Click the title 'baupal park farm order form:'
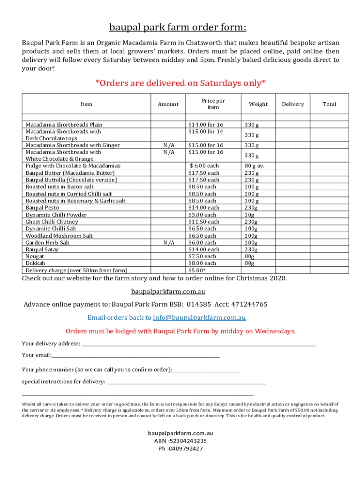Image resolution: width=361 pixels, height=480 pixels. pos(180,27)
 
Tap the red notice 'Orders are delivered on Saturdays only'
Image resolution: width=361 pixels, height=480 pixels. pos(180,83)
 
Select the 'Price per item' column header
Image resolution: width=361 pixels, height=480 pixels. pos(213,104)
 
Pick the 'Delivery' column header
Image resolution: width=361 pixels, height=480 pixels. pos(293,104)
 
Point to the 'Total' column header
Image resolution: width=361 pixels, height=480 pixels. pos(329,104)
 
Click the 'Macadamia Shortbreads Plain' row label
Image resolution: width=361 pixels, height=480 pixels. pos(64,125)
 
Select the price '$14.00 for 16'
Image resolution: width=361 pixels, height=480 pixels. pos(205,125)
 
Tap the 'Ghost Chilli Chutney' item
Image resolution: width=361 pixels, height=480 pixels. pos(52,222)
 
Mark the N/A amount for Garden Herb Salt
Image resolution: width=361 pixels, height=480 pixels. pos(169,243)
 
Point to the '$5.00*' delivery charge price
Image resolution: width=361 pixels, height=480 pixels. pos(197,270)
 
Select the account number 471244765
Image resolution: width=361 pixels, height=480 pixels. pos(248,304)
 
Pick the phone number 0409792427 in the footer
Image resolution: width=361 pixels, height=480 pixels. pos(184,448)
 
